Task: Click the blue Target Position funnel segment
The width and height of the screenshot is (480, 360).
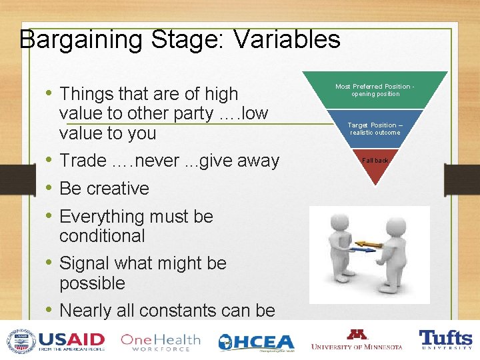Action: pyautogui.click(x=375, y=129)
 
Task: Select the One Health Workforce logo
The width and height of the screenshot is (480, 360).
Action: pyautogui.click(x=160, y=341)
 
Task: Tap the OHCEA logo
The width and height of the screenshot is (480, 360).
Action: pyautogui.click(x=256, y=341)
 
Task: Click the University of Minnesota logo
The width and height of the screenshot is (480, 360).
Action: pyautogui.click(x=357, y=340)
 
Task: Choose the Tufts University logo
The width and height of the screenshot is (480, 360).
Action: pyautogui.click(x=445, y=340)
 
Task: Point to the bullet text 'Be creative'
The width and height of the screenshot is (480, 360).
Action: pyautogui.click(x=104, y=189)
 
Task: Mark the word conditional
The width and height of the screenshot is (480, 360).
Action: pyautogui.click(x=102, y=236)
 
